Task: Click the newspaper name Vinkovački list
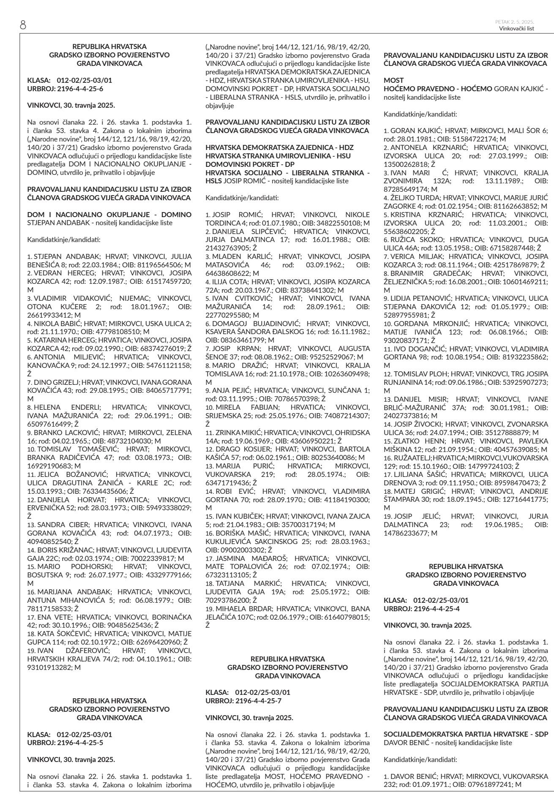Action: tap(516, 29)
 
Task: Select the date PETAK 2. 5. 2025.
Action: tap(515, 22)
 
